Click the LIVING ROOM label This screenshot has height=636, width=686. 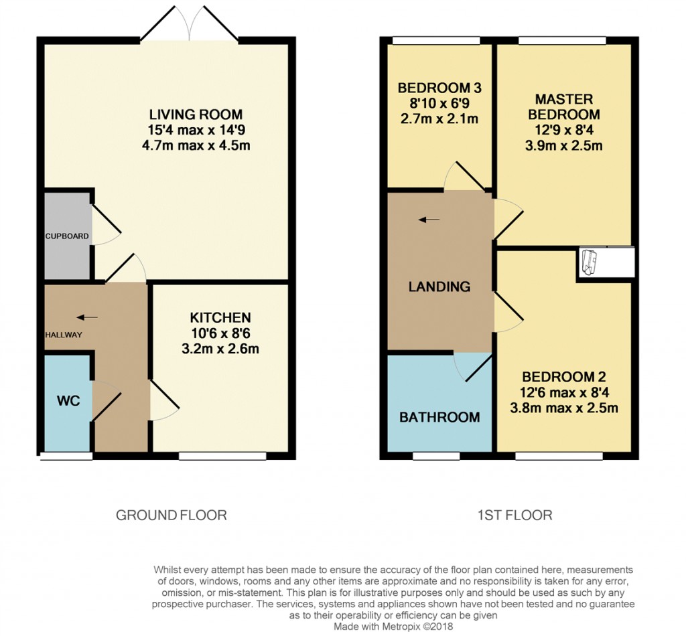196,114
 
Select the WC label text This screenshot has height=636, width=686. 68,401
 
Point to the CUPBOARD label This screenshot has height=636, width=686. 67,236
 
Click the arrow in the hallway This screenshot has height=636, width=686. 87,317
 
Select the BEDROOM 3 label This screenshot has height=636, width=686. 439,88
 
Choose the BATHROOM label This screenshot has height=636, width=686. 439,417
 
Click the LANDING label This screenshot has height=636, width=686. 439,287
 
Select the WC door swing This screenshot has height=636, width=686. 106,400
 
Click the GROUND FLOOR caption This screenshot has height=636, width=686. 171,515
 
